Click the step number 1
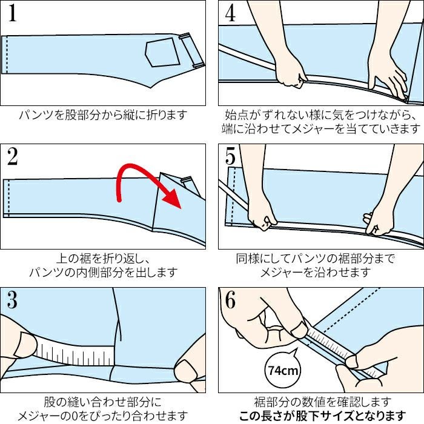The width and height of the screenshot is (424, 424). click(x=12, y=13)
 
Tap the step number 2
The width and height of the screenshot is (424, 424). click(x=13, y=156)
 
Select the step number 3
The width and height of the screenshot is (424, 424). click(x=13, y=300)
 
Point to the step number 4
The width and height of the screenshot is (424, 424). click(x=230, y=13)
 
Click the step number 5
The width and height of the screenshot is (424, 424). click(x=230, y=156)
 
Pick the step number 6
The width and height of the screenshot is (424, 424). click(x=230, y=300)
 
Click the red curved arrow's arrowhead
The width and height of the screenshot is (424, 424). click(x=173, y=198)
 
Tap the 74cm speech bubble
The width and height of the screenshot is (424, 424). click(x=283, y=369)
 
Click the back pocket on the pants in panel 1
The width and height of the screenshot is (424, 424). click(x=162, y=52)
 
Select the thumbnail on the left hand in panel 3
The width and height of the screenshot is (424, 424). click(x=25, y=345)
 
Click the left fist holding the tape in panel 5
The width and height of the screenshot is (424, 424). click(x=262, y=216)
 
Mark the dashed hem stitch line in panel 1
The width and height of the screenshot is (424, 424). click(x=7, y=55)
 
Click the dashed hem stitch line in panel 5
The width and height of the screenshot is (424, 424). click(x=233, y=196)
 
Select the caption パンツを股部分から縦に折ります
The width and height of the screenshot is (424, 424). click(x=103, y=114)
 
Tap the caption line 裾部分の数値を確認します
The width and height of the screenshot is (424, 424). click(x=323, y=402)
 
